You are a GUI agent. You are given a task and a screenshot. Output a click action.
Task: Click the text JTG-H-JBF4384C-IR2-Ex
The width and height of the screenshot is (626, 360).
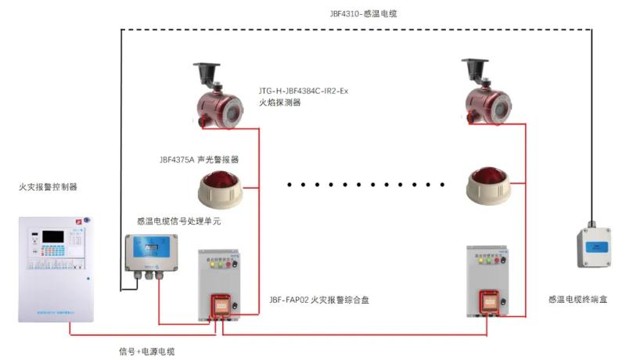303,91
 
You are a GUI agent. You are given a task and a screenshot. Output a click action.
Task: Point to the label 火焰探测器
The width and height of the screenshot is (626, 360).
279,103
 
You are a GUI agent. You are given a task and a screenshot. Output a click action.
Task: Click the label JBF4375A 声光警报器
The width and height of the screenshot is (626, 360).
199,159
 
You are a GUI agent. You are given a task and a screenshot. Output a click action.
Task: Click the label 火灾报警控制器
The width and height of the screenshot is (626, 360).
49,187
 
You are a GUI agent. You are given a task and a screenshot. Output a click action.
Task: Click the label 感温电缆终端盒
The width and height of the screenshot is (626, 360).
577,300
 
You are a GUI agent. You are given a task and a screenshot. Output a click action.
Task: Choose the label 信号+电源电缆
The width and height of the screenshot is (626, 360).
146,351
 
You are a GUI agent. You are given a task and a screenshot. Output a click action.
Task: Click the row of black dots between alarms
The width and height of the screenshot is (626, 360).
365,185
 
